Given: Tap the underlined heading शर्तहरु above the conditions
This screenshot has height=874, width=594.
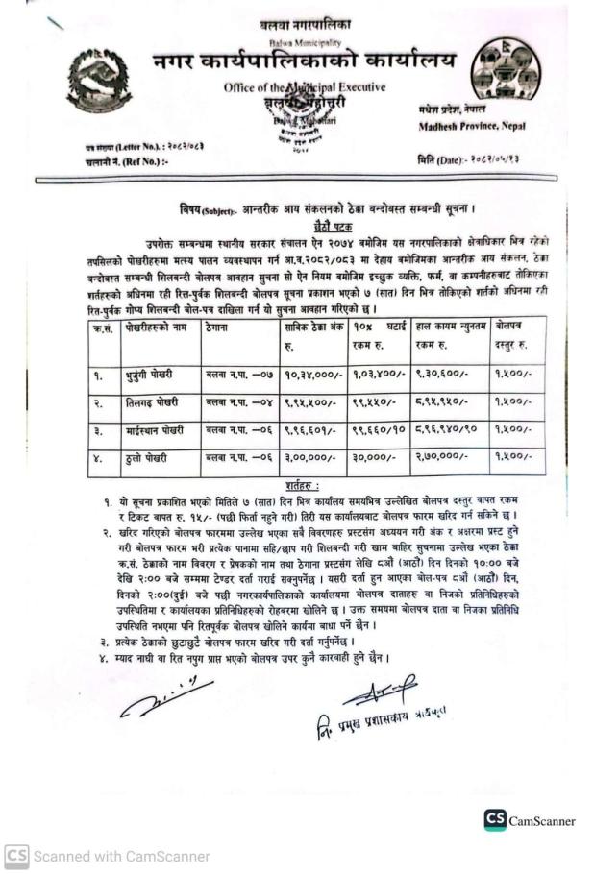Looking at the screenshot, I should point(305,486).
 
